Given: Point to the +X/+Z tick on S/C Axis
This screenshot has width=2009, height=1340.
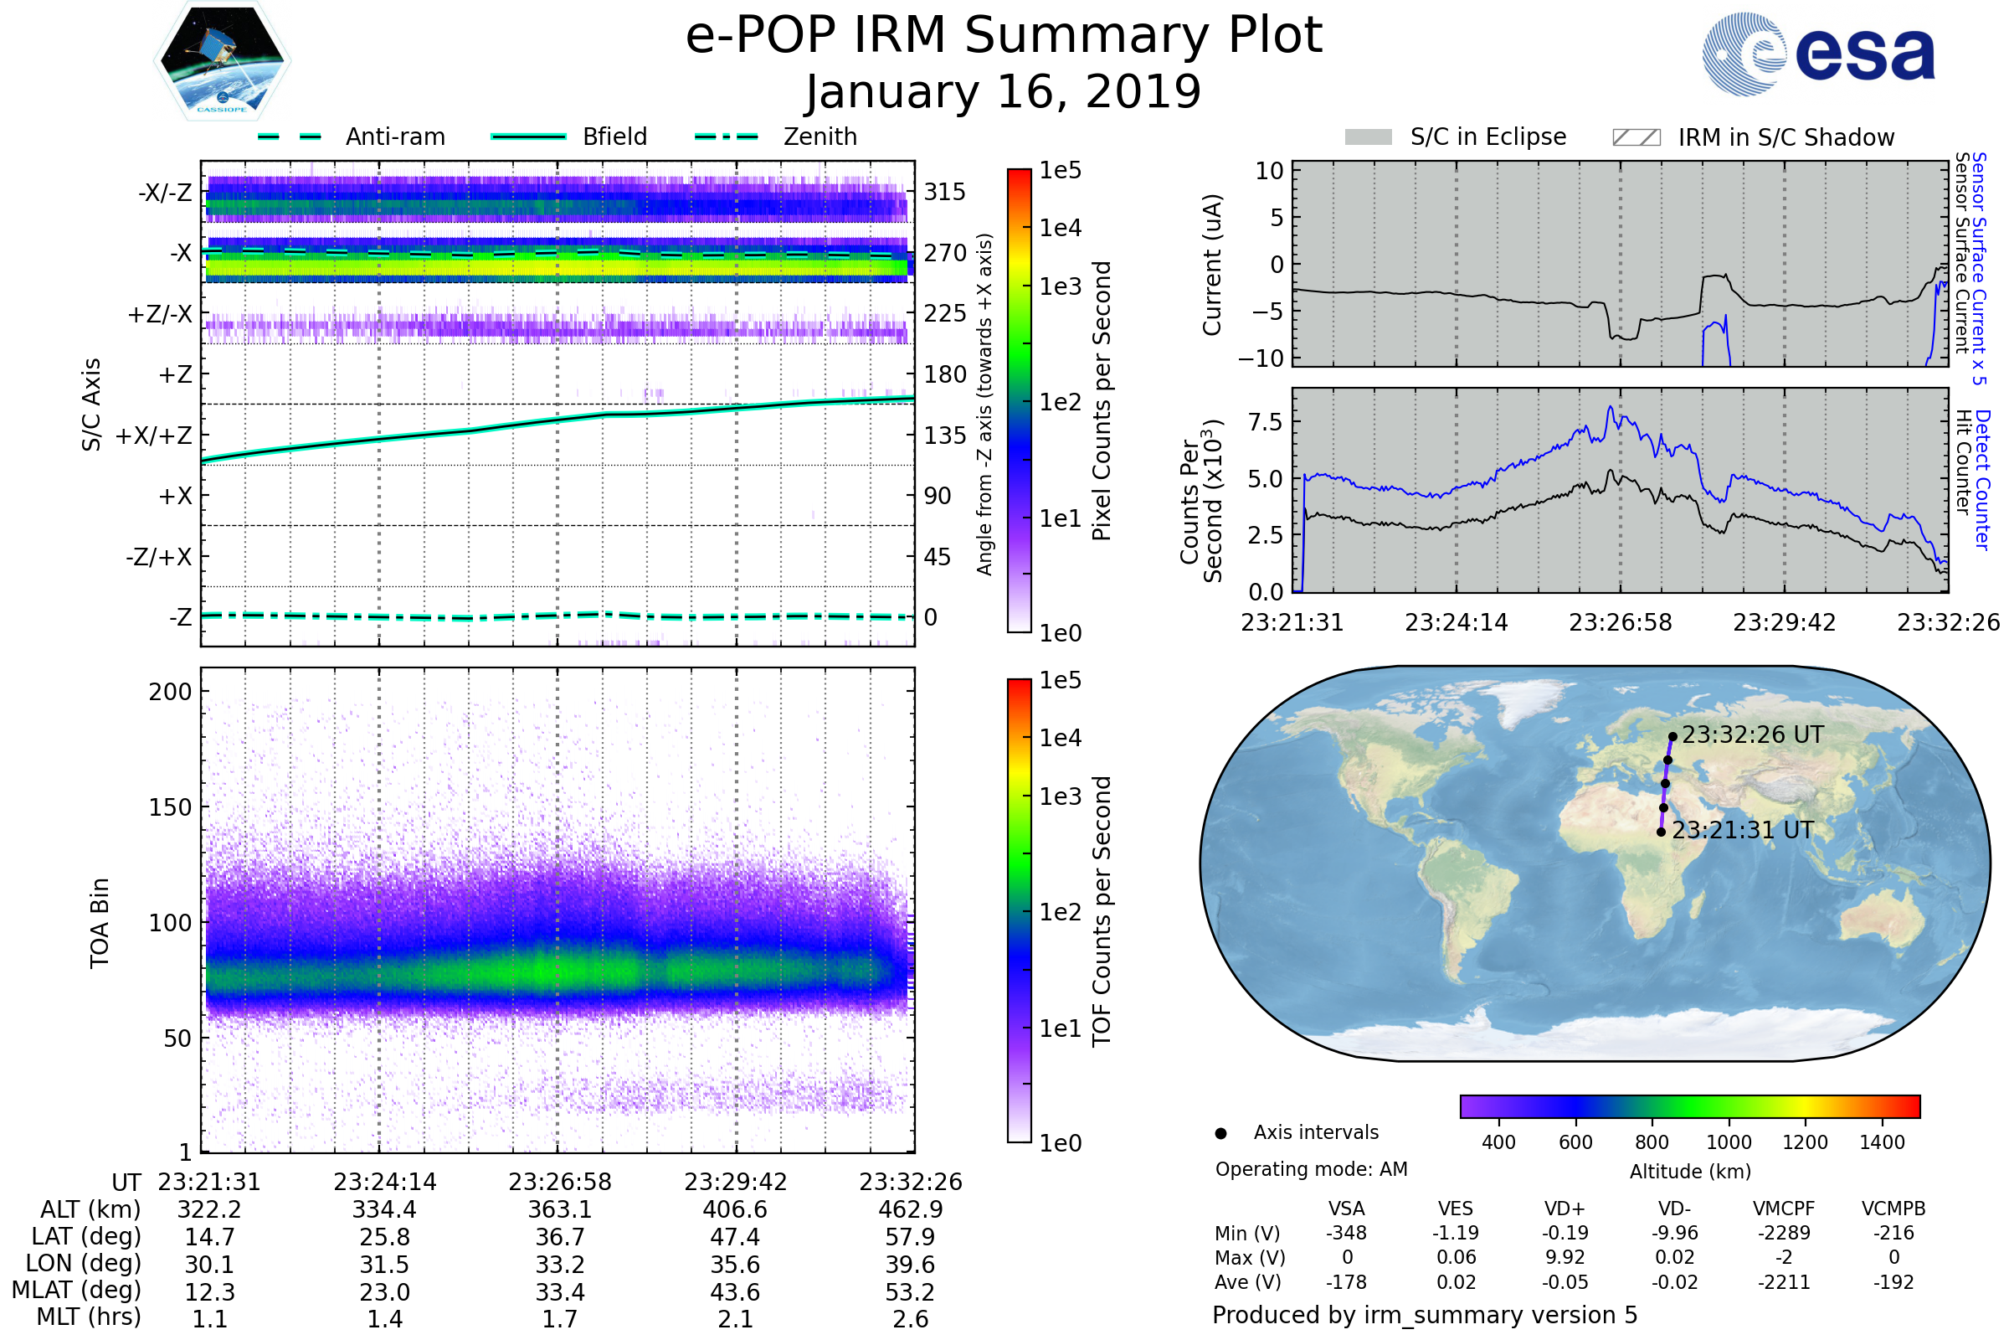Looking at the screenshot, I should click(x=154, y=435).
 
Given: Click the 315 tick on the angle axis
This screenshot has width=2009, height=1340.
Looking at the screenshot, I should click(x=945, y=192).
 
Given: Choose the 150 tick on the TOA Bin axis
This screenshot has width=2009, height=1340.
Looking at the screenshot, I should click(x=170, y=807).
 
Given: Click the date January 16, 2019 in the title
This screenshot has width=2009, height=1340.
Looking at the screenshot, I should click(x=1004, y=92).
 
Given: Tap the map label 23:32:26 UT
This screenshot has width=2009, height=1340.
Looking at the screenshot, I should click(x=1752, y=735).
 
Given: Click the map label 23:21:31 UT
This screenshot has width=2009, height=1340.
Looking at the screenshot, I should click(x=1742, y=830).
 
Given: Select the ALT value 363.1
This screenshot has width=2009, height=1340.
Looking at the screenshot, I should click(x=560, y=1209).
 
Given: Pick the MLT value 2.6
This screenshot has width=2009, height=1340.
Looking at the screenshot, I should click(x=911, y=1318).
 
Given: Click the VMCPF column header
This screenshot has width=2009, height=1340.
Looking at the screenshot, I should click(x=1784, y=1209).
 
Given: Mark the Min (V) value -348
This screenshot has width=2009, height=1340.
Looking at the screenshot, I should click(x=1346, y=1233).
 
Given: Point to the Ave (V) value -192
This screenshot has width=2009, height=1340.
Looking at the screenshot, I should click(x=1893, y=1282).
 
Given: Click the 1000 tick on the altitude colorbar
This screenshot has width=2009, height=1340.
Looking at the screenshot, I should click(x=1729, y=1142).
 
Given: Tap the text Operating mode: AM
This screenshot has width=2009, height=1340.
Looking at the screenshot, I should click(x=1311, y=1169).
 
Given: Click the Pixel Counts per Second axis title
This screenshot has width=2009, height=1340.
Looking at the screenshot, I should click(x=1102, y=401).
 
